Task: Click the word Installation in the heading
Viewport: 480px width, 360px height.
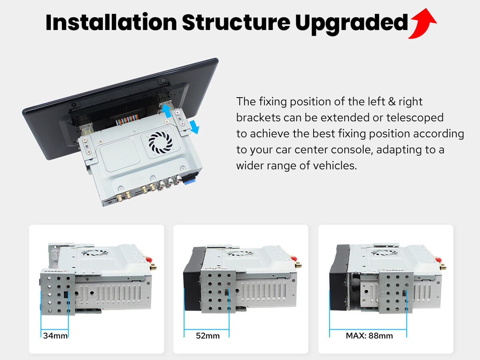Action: point(111,22)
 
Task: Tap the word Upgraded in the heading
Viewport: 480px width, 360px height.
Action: point(352,24)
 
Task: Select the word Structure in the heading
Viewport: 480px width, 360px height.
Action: point(236,22)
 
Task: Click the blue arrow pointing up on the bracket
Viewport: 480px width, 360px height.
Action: point(167,111)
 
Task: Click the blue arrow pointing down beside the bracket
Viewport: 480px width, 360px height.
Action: point(194,127)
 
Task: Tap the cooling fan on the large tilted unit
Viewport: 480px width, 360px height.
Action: point(160,142)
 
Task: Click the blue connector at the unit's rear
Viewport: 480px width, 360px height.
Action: point(190,179)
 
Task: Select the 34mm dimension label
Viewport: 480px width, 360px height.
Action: point(55,336)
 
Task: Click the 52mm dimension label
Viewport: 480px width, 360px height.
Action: point(208,336)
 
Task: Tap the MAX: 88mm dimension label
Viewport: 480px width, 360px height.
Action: point(369,336)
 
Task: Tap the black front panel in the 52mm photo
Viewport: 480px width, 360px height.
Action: point(192,279)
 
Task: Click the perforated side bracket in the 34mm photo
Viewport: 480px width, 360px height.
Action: point(58,292)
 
